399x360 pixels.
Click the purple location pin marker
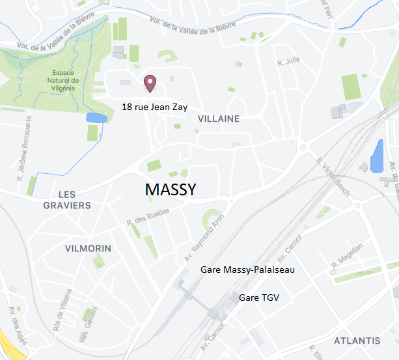coord(150,82)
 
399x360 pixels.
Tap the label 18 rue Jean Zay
coord(154,106)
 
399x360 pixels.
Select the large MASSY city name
coord(171,189)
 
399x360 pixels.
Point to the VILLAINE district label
coord(219,119)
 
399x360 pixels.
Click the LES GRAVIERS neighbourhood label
coord(67,200)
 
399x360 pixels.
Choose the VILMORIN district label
coord(89,249)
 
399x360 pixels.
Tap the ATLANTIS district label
coord(357,341)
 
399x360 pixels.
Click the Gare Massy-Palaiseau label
coord(248,270)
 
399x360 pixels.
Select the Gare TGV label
coord(258,298)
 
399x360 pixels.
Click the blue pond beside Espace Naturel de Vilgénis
coord(96,118)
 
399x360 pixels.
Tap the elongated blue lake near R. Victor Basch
coord(377,156)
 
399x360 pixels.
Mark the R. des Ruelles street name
coord(149,219)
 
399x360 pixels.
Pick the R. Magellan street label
coord(347,255)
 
